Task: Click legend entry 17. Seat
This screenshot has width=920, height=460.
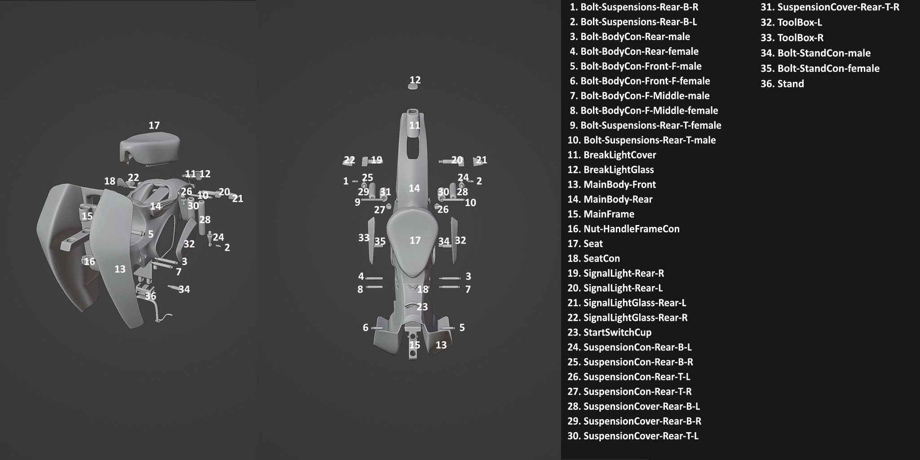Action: (585, 244)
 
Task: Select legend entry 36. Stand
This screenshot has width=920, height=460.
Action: (782, 84)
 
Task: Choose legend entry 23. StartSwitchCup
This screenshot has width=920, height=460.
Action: (609, 332)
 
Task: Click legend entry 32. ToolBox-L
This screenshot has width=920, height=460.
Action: (791, 22)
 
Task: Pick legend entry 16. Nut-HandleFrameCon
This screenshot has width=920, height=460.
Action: (623, 229)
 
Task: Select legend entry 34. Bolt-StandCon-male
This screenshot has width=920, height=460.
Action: (815, 53)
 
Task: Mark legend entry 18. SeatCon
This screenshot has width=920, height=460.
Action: (593, 259)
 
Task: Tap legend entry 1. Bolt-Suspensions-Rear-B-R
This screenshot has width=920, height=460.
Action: (634, 7)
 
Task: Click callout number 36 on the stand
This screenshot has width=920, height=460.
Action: (150, 296)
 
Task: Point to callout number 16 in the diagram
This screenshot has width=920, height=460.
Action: (89, 261)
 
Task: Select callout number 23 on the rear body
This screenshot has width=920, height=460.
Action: (422, 307)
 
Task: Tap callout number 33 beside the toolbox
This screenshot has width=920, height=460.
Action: (363, 238)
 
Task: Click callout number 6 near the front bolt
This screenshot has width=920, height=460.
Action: (365, 328)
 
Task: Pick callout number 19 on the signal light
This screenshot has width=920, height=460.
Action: (376, 160)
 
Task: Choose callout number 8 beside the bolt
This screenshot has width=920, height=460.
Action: (360, 290)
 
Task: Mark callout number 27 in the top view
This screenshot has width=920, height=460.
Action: (380, 210)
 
